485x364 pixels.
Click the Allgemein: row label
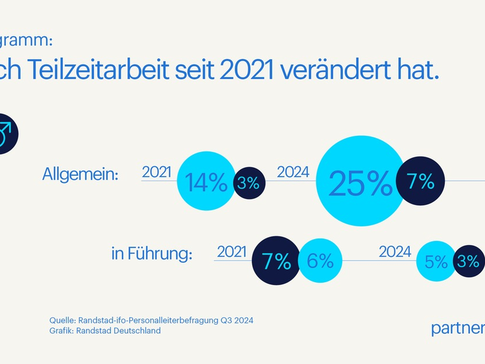point(81,175)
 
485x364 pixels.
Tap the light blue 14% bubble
point(206,182)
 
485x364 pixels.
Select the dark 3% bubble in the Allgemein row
point(248,182)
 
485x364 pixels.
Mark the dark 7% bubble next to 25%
point(420,181)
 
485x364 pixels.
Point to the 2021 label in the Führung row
point(232,251)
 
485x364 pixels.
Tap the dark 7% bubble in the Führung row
point(276,261)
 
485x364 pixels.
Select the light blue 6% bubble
point(319,261)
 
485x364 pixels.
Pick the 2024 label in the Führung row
point(395,251)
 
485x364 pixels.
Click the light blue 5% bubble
point(436,262)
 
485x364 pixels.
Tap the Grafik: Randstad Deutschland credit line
point(105,331)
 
